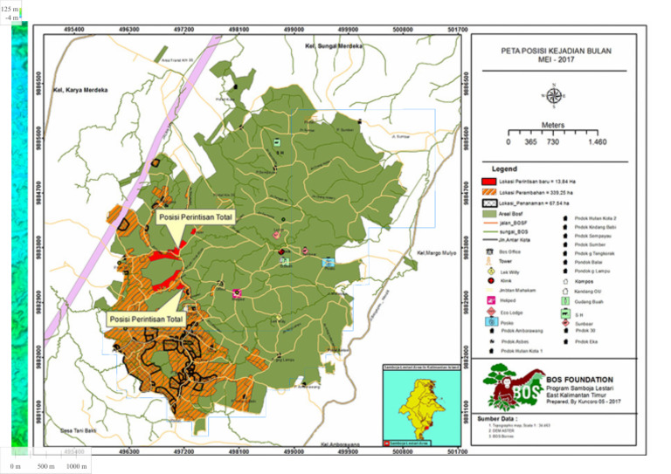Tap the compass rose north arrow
pyautogui.click(x=554, y=94)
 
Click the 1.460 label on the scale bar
pyautogui.click(x=598, y=141)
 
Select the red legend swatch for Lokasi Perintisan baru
pyautogui.click(x=490, y=180)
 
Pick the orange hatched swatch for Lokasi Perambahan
pyautogui.click(x=490, y=191)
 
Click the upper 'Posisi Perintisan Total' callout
pyautogui.click(x=193, y=213)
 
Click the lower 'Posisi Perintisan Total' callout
pyautogui.click(x=146, y=319)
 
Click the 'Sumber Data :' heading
pyautogui.click(x=496, y=419)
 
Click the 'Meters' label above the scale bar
pyautogui.click(x=553, y=125)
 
